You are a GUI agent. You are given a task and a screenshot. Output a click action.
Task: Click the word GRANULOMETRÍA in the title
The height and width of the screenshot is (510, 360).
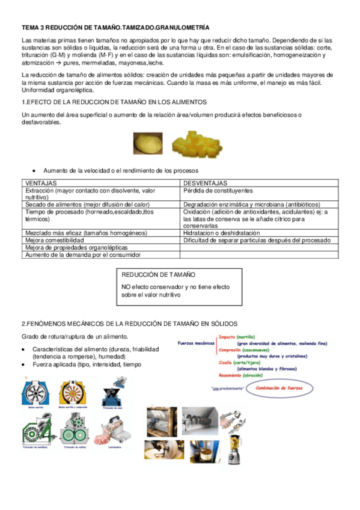pos(182,28)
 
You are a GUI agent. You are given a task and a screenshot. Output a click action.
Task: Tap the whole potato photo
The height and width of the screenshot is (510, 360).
pos(148,143)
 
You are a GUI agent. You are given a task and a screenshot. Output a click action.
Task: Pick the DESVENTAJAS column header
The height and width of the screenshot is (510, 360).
pos(205,182)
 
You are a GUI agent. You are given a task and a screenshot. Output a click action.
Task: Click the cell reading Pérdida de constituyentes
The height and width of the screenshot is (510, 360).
pos(217,189)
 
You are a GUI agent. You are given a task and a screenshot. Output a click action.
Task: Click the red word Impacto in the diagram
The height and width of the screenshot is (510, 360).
pos(227,337)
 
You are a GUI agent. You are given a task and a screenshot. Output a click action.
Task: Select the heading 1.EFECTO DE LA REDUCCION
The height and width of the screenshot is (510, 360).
pos(114,102)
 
